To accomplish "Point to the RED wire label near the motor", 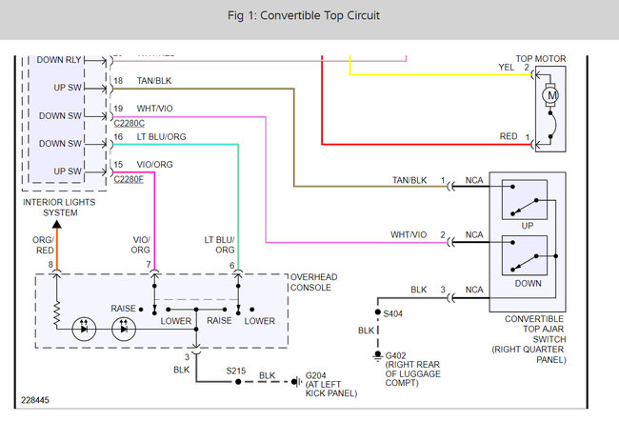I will tap(508, 137).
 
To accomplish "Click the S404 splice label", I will tap(392, 312).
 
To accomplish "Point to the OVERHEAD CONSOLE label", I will tap(313, 282).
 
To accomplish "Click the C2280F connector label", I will tap(129, 179).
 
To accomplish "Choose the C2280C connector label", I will tap(129, 123).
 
